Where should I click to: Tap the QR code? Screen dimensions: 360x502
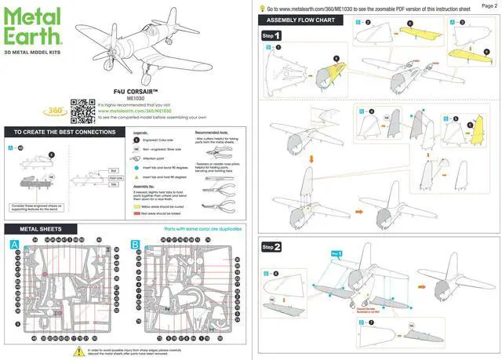coord(82,112)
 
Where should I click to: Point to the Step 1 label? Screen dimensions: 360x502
coord(271,36)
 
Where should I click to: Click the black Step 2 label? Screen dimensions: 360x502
coord(271,247)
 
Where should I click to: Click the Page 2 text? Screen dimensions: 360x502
coord(489,5)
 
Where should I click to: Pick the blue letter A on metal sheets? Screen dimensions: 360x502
coord(14,245)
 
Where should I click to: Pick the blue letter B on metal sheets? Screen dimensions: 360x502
coord(136,245)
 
